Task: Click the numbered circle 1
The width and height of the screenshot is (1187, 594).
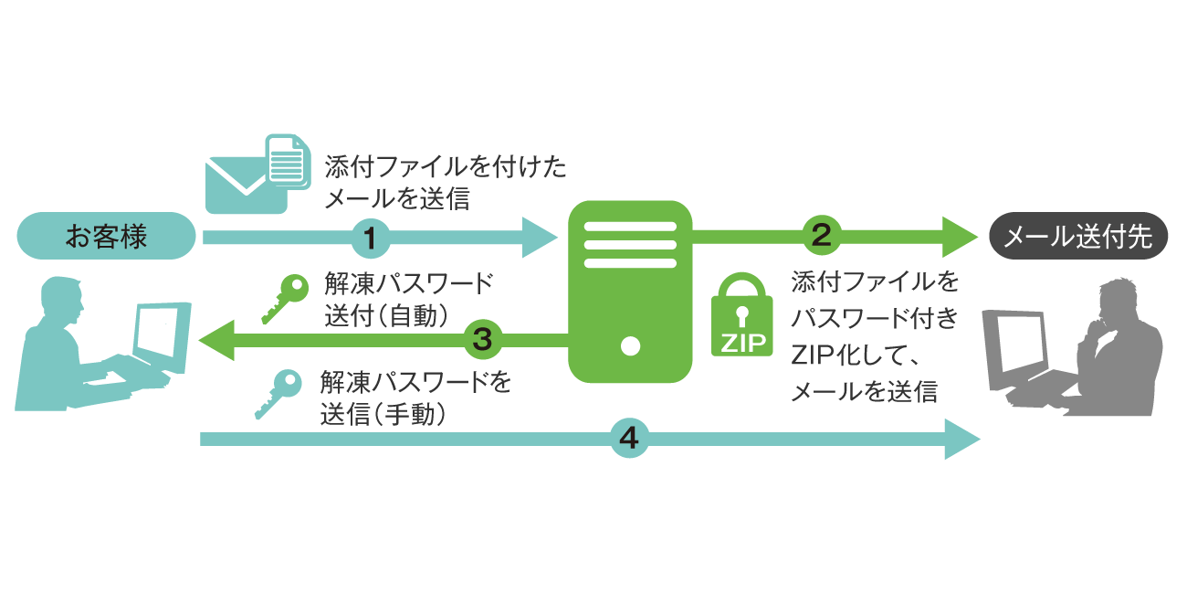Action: coord(370,239)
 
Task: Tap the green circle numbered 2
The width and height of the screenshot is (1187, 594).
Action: coord(820,237)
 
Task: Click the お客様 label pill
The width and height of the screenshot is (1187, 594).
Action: coord(107,238)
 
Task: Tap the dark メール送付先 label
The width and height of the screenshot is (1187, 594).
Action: coord(1078,238)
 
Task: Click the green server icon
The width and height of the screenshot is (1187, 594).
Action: coord(629,291)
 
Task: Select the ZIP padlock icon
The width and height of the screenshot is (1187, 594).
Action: coord(741,316)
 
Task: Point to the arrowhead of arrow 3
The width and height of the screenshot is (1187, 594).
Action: coord(217,341)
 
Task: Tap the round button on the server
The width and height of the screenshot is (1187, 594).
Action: coord(629,346)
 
